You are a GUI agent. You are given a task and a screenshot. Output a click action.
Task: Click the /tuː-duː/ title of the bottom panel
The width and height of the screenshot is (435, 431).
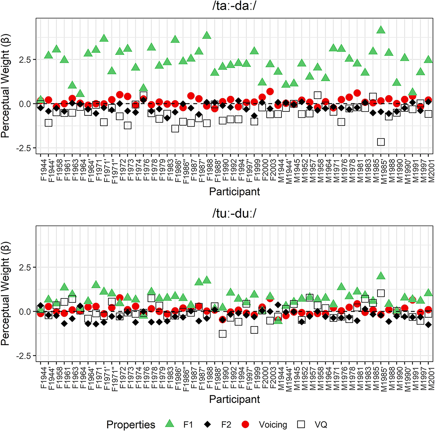[x=234, y=214]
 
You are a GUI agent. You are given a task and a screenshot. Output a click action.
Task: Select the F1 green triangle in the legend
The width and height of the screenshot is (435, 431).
[x=169, y=424]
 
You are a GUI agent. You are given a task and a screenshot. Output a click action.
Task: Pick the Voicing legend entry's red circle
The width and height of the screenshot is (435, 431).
[x=245, y=424]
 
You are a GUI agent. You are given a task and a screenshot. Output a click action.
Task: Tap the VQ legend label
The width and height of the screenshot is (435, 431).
[x=321, y=425]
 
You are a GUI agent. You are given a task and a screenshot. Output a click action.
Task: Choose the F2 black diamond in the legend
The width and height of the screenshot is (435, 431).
[x=207, y=424]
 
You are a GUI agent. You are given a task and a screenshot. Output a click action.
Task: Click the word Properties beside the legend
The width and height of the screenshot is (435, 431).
[x=131, y=425]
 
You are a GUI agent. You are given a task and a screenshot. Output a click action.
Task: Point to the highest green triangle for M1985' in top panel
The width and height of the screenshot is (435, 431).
[x=381, y=30]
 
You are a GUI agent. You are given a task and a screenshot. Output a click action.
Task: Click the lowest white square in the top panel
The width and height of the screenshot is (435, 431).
[x=381, y=142]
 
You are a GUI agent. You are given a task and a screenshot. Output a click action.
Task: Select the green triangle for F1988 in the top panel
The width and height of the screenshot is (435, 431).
[x=206, y=35]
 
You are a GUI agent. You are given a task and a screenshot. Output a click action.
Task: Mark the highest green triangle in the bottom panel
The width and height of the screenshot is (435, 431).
[x=381, y=276]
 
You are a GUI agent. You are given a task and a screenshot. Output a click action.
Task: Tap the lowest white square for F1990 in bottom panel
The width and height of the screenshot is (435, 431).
[x=223, y=334]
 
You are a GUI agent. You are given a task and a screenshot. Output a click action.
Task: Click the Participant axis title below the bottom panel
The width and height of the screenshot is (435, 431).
[x=234, y=399]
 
